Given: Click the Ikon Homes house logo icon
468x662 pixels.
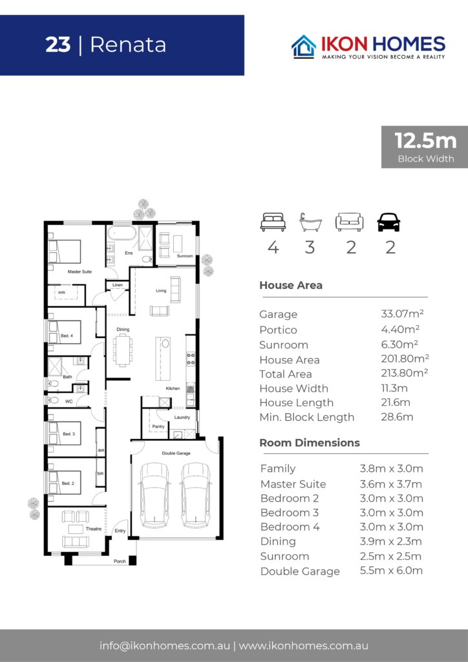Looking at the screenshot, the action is pyautogui.click(x=303, y=46).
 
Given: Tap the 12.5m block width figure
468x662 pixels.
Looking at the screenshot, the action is pyautogui.click(x=425, y=140).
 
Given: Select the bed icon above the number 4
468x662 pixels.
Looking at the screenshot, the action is pyautogui.click(x=273, y=222).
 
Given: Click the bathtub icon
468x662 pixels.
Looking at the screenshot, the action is pyautogui.click(x=310, y=222).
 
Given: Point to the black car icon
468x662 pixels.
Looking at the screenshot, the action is pyautogui.click(x=388, y=222).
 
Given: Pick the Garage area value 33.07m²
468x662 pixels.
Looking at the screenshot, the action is pyautogui.click(x=402, y=314).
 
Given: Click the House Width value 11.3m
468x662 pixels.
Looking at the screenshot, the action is pyautogui.click(x=394, y=388).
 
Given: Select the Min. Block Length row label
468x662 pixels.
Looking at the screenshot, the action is pyautogui.click(x=307, y=417).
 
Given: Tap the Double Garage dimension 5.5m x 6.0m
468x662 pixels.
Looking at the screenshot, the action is pyautogui.click(x=391, y=570).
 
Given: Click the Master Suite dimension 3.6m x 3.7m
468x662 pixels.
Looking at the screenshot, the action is pyautogui.click(x=391, y=484).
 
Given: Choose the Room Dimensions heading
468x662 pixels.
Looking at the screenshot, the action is pyautogui.click(x=310, y=442).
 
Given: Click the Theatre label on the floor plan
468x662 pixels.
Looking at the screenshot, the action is pyautogui.click(x=94, y=529).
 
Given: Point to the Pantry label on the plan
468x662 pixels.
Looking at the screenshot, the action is pyautogui.click(x=158, y=427).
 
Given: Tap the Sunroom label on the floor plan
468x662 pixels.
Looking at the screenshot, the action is pyautogui.click(x=185, y=256).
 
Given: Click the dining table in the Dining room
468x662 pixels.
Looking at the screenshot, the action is pyautogui.click(x=123, y=350).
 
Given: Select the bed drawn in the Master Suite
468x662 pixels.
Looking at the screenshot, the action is pyautogui.click(x=64, y=251).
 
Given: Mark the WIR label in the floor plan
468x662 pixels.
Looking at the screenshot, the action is pyautogui.click(x=61, y=293).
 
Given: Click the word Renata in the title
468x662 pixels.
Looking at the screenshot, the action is pyautogui.click(x=128, y=45).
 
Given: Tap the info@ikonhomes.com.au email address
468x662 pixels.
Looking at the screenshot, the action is pyautogui.click(x=165, y=646).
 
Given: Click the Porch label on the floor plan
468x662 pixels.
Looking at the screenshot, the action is pyautogui.click(x=120, y=561).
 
